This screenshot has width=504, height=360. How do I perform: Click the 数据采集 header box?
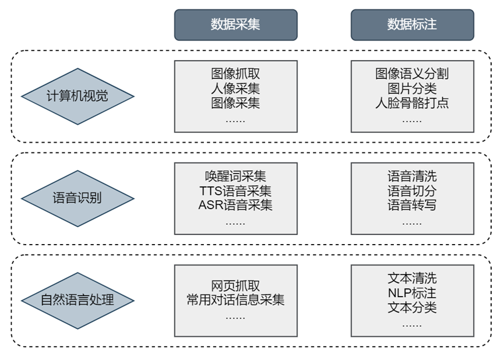click(x=235, y=24)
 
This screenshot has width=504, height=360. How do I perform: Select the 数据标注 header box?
click(x=413, y=24)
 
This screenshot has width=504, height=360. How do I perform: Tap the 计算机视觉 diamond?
click(x=77, y=96)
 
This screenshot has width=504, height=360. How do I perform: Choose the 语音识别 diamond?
click(x=77, y=198)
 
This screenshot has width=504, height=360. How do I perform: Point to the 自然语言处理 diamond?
click(x=77, y=301)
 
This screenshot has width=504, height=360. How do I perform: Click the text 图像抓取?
click(x=235, y=73)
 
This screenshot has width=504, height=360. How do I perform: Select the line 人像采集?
click(x=235, y=89)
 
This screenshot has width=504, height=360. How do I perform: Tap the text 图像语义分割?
click(x=412, y=73)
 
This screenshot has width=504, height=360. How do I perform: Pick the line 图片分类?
click(x=412, y=89)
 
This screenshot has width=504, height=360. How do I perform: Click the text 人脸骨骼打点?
click(x=412, y=103)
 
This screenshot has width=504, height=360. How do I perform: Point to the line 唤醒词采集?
click(x=235, y=176)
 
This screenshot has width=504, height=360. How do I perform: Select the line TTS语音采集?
click(x=235, y=190)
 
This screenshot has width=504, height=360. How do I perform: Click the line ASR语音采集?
click(x=235, y=205)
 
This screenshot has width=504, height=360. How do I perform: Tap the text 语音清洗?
click(x=412, y=176)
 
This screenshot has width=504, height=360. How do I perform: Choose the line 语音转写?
click(x=412, y=205)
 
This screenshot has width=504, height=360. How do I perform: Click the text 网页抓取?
click(x=235, y=285)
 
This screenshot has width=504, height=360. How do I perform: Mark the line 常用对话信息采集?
click(x=235, y=300)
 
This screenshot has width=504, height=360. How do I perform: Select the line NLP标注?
click(x=412, y=293)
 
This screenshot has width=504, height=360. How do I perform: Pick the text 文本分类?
click(x=412, y=308)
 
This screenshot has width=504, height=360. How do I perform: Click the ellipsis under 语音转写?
click(x=412, y=223)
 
